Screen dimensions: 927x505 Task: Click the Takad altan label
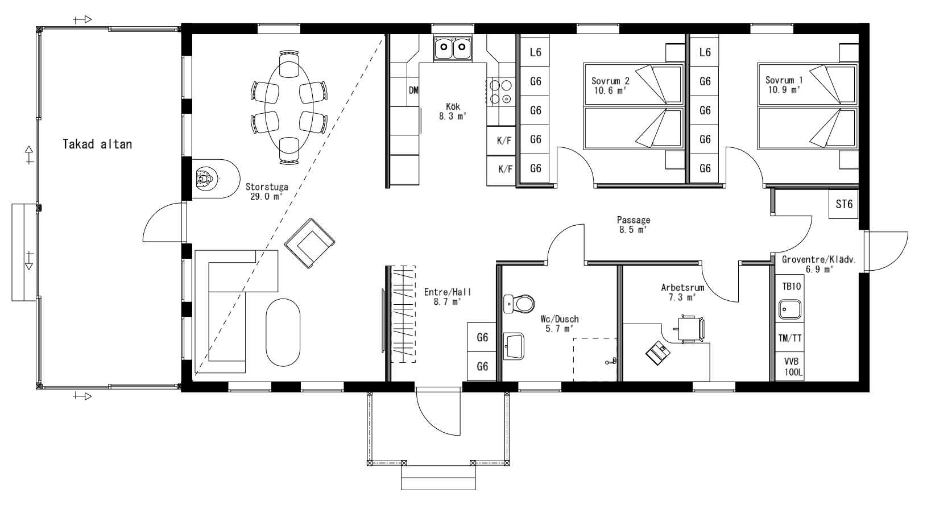coord(97,144)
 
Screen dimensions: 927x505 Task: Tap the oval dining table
coord(289,107)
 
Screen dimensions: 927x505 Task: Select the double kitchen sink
coord(452,48)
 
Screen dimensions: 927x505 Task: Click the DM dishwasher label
coord(413,90)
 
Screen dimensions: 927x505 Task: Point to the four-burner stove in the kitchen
coord(500,92)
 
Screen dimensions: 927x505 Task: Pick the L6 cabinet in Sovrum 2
coord(535,52)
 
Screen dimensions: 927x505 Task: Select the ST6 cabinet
coord(844,204)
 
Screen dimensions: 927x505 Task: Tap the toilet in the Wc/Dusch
coord(519,304)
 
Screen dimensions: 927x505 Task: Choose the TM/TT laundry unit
coord(790,338)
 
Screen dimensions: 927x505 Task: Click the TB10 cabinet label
coord(791,286)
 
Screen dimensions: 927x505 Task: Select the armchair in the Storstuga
coord(309,243)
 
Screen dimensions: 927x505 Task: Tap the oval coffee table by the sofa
coord(283,332)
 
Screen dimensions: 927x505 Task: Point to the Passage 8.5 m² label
coord(634,225)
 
